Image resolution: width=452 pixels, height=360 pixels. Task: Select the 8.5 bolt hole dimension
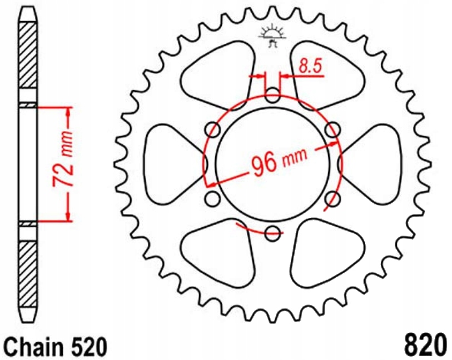[x=310, y=66]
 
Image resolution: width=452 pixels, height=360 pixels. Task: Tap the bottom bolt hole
[x=272, y=233]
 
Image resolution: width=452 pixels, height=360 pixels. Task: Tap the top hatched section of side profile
[x=29, y=56]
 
